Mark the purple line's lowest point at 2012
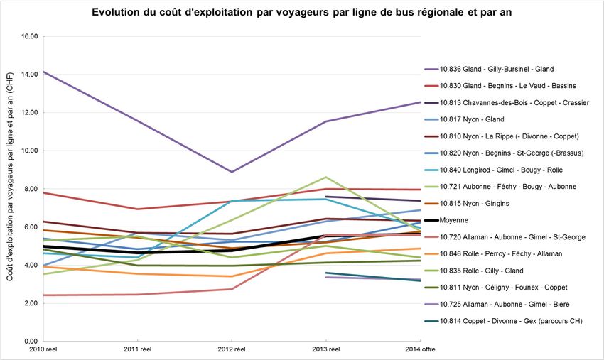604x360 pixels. point(232,172)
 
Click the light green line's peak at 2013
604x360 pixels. point(326,177)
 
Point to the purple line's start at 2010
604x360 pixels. point(43,72)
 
